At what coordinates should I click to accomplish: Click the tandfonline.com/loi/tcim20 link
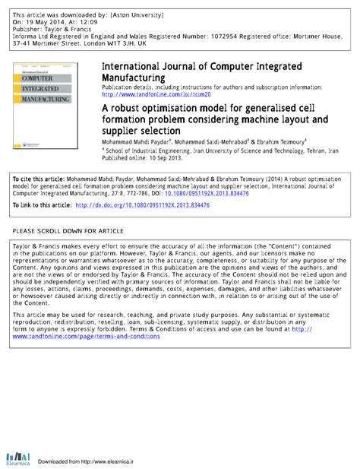point(145,94)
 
